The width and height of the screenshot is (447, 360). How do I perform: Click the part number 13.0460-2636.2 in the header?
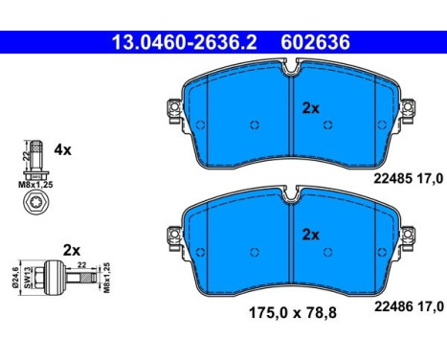point(185,42)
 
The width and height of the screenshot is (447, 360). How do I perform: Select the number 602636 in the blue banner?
point(315,42)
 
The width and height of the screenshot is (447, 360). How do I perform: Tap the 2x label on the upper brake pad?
point(310,108)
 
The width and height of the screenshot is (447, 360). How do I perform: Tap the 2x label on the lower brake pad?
point(310,235)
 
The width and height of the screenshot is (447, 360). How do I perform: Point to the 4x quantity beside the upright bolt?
point(62,149)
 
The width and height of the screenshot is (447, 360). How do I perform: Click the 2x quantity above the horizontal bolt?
point(72,251)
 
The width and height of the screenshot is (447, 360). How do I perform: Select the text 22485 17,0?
point(409,179)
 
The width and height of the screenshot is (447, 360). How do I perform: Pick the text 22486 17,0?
point(409,306)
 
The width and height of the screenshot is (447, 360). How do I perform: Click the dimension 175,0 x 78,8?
point(293,313)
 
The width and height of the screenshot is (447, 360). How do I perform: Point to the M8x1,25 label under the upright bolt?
point(35,185)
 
